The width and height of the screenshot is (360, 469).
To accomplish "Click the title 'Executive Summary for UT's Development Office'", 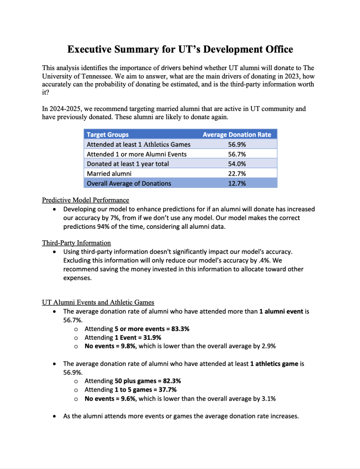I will tap(180, 50).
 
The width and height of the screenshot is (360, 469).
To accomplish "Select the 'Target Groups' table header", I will tap(108, 135).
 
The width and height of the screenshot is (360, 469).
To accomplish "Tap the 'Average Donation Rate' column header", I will tap(237, 135).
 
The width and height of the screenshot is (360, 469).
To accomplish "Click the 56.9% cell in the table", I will tap(236, 144).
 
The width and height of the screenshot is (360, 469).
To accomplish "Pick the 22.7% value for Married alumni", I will tap(236, 174).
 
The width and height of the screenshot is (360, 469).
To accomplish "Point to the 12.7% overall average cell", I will tap(236, 183).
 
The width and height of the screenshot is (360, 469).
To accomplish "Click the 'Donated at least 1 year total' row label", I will tap(128, 164).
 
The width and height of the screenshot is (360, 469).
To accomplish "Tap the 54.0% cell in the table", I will tap(236, 164).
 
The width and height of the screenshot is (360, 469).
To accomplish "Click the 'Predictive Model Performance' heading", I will tap(86, 200).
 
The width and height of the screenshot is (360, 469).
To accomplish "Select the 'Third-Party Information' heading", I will tap(76, 243).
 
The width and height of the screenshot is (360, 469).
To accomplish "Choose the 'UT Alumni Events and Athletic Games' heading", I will tap(98, 302).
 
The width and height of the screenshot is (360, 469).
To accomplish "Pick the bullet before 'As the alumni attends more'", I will tap(55, 417).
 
